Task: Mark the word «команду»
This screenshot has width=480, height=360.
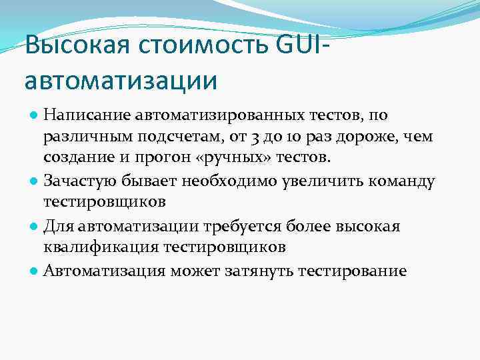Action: [x=399, y=180]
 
